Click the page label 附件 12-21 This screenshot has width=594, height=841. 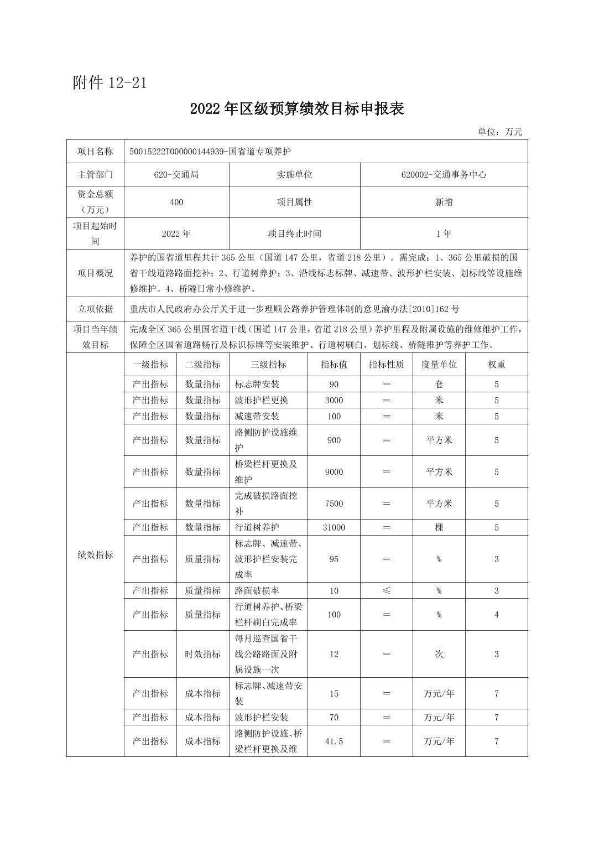point(110,82)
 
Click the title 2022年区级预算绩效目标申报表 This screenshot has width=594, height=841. point(297,109)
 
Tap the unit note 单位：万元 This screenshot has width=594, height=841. point(500,132)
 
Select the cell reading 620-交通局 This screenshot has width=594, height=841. point(176,174)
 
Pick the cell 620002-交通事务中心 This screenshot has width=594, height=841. point(444,174)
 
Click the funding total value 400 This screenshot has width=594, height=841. point(176,202)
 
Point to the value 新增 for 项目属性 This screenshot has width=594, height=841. point(444,202)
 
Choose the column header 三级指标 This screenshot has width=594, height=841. point(268,365)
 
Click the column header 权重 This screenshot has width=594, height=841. point(496,365)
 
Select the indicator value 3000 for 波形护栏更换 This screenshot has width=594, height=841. point(334,400)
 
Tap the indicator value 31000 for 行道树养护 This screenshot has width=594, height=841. point(334,527)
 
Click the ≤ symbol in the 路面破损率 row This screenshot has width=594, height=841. point(386,590)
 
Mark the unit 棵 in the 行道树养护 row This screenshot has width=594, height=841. point(439,527)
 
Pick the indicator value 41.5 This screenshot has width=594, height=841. point(334,741)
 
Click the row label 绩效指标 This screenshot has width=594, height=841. point(95,555)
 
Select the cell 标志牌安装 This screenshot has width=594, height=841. point(257,384)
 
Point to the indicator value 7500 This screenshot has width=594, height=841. point(334,503)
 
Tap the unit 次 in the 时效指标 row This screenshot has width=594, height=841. point(439,654)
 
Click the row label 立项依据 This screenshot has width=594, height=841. point(95,309)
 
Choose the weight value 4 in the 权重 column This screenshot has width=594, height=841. point(496,614)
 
